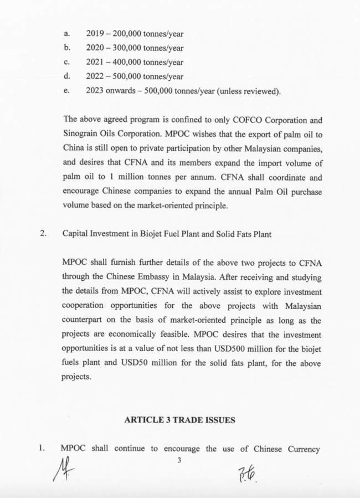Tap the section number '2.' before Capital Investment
44,233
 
